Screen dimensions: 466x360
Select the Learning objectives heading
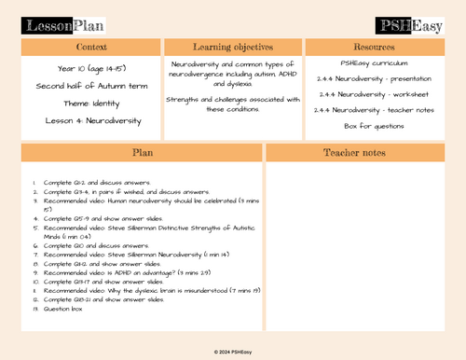click(232, 46)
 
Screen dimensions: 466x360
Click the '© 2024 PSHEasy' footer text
click(233, 351)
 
